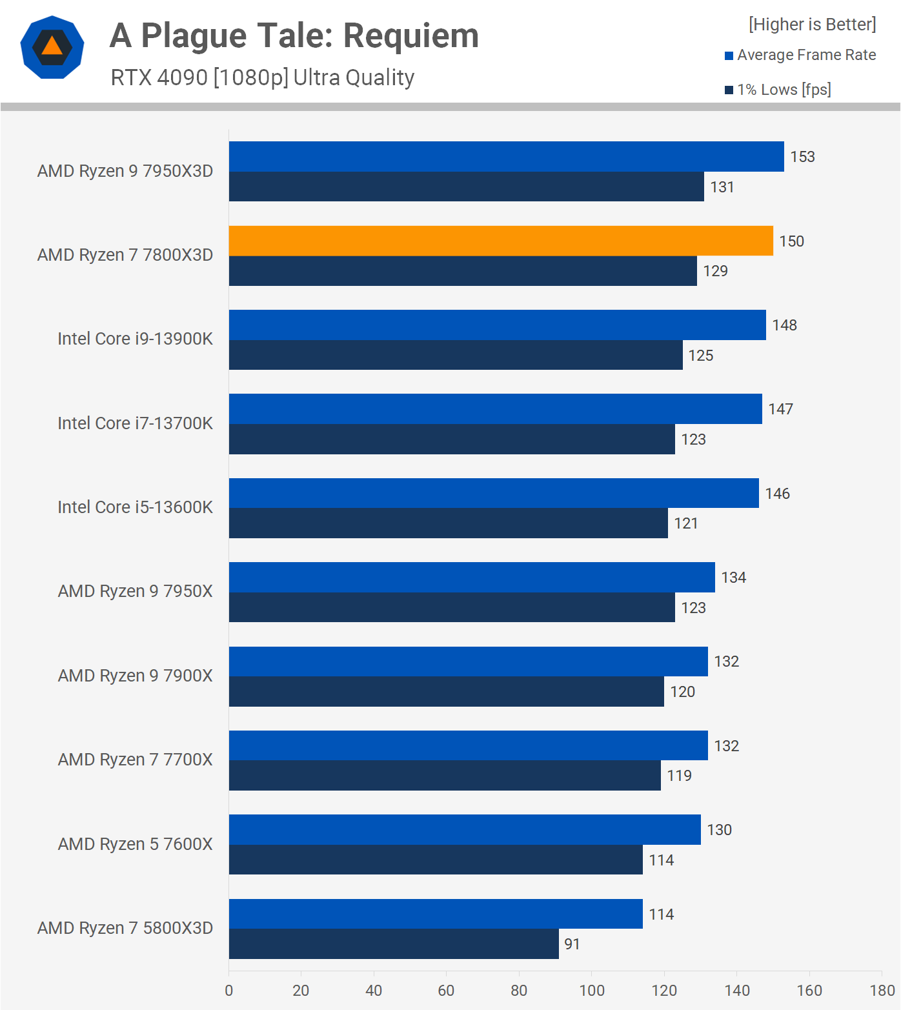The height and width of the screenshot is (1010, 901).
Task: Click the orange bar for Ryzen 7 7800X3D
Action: (x=501, y=241)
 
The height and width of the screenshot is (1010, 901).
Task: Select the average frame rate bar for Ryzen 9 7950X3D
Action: (x=507, y=156)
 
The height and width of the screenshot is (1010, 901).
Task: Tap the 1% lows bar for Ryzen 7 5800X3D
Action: (x=394, y=944)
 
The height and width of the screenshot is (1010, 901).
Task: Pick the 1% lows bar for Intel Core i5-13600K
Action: (x=449, y=523)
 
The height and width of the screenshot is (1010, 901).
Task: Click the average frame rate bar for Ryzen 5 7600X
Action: (x=465, y=829)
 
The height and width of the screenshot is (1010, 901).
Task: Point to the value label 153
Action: (x=802, y=157)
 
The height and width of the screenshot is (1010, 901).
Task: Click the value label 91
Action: (x=572, y=944)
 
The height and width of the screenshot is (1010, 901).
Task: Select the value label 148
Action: (x=784, y=325)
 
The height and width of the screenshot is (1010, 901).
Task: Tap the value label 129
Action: (x=715, y=271)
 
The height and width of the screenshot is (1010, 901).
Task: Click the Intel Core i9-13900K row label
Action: (x=135, y=339)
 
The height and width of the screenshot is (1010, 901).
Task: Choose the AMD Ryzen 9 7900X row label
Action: (x=135, y=676)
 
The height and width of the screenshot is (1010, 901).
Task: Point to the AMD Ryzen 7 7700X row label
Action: (x=135, y=760)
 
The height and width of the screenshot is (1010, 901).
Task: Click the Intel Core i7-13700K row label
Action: (x=135, y=423)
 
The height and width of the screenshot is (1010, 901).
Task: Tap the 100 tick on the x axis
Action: (x=591, y=991)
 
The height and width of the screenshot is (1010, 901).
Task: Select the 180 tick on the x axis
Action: (x=882, y=991)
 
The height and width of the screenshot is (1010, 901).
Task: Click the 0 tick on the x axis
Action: (x=229, y=991)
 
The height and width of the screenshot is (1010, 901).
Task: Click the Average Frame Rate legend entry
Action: (x=800, y=55)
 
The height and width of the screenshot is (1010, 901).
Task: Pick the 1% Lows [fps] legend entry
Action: (x=778, y=90)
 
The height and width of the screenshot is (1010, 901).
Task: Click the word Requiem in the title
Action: (x=411, y=35)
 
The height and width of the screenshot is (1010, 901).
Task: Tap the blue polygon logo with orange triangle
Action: (x=52, y=47)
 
